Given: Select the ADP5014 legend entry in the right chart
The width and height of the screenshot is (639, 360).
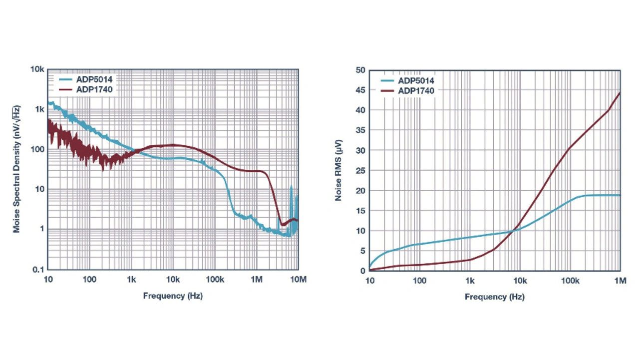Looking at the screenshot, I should click(x=415, y=80).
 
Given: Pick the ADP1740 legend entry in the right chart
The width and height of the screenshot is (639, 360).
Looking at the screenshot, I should click(x=415, y=91).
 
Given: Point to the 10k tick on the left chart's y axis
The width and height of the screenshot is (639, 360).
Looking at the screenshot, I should click(x=38, y=69).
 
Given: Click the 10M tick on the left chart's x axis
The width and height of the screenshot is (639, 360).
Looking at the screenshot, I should click(x=299, y=279).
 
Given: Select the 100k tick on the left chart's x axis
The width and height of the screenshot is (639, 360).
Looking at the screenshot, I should click(x=215, y=279).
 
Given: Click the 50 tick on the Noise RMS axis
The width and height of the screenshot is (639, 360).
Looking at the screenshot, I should click(x=360, y=70).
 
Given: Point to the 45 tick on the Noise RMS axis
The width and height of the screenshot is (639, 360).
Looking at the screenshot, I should click(x=360, y=90).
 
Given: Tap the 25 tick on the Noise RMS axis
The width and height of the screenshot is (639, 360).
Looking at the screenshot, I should click(x=360, y=170).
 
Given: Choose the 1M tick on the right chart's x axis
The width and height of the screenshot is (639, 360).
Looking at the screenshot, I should click(x=620, y=281).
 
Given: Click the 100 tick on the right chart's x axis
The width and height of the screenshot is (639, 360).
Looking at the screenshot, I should click(x=420, y=281).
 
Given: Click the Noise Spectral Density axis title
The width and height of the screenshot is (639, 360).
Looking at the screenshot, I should click(x=17, y=169).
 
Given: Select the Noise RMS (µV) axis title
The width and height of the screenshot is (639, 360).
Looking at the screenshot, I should click(x=338, y=170).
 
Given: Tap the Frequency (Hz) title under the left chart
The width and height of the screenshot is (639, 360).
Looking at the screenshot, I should click(x=173, y=296).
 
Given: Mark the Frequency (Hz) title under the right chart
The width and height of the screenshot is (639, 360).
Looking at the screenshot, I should click(x=494, y=297).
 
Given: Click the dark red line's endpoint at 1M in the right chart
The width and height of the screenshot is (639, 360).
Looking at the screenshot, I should click(x=620, y=92).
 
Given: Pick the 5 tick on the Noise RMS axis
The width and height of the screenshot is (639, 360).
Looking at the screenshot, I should click(x=362, y=251).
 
